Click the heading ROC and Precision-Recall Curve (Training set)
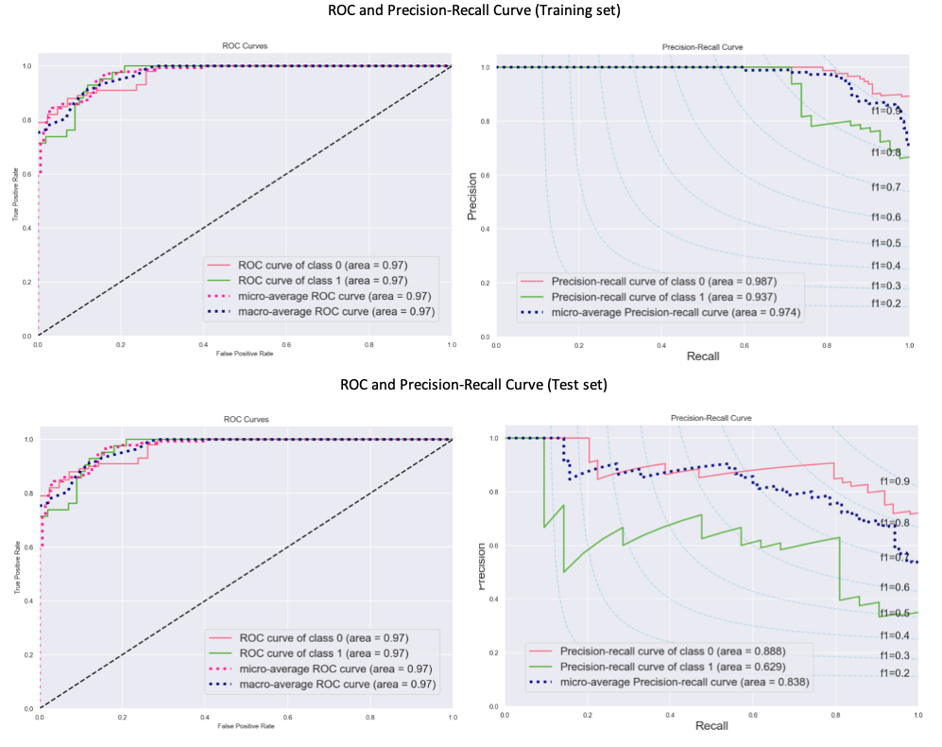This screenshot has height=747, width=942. coord(472,11)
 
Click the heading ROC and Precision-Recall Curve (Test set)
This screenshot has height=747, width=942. coord(472,385)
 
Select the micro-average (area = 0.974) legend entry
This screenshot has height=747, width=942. coord(677,312)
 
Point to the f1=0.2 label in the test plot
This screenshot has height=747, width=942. coord(894,673)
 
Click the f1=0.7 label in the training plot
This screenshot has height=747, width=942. coord(885,187)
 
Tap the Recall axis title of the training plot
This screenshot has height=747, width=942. coord(702,360)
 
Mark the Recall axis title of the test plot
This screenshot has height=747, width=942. coord(711,725)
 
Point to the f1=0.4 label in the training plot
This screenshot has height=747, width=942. coord(885,265)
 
